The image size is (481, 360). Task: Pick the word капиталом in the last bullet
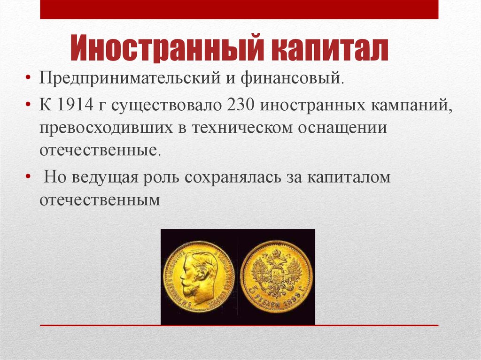(x=349, y=179)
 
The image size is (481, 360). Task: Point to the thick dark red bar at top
(x=239, y=9)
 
